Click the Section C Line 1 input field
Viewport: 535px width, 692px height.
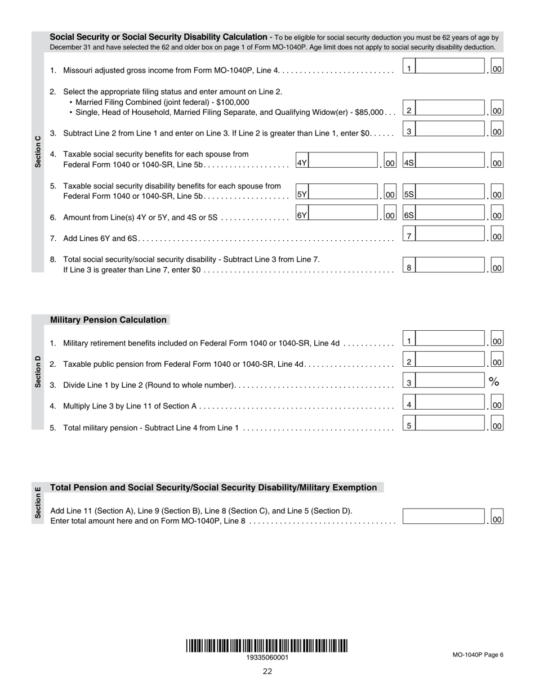(449, 68)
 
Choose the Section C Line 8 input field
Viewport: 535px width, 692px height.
(449, 268)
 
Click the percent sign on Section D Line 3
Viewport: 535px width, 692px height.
(494, 382)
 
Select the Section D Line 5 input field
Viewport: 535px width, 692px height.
(449, 425)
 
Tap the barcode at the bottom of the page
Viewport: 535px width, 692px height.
(267, 645)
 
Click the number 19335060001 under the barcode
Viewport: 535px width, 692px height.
(267, 657)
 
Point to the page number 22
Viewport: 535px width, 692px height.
(267, 671)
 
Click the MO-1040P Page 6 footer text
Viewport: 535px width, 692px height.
(478, 654)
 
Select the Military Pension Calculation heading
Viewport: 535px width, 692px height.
(108, 320)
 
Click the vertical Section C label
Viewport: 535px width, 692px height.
(38, 151)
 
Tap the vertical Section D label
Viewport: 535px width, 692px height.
(38, 371)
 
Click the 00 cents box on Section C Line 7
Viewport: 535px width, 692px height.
(497, 237)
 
